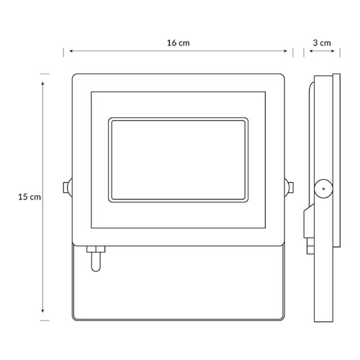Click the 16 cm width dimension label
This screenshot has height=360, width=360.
pos(178,43)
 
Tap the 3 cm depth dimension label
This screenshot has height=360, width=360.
pos(322,43)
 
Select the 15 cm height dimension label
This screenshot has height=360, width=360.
pos(30,197)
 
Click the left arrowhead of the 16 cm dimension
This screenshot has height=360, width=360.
pos(71,51)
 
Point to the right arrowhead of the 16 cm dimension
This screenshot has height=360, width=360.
pos(286,51)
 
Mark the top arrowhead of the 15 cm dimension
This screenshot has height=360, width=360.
pos(42,84)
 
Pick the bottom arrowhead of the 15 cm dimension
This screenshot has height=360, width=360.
pos(42,311)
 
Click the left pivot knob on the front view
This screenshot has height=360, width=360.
pos(68,187)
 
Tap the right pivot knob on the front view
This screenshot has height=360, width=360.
pos(289,187)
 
